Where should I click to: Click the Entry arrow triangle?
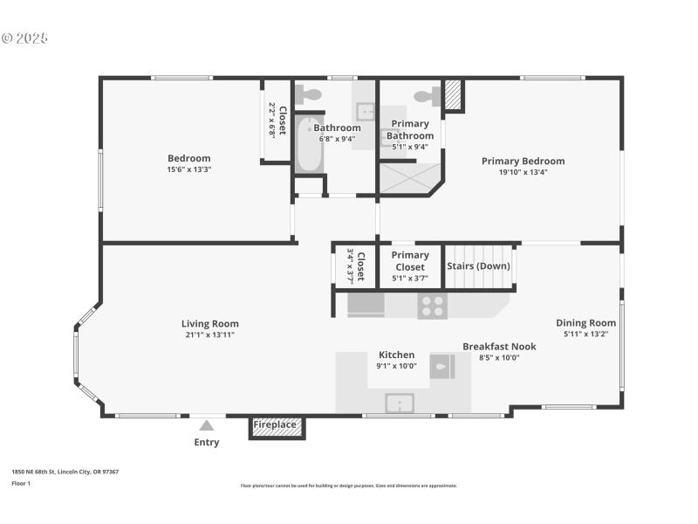pyautogui.click(x=206, y=425)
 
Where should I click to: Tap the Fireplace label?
pyautogui.click(x=275, y=425)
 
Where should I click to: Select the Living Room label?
pyautogui.click(x=209, y=323)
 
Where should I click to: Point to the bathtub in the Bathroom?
pyautogui.click(x=308, y=146)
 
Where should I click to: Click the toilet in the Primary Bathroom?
pyautogui.click(x=427, y=96)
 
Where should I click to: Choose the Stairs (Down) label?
pyautogui.click(x=478, y=265)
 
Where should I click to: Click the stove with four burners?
pyautogui.click(x=432, y=305)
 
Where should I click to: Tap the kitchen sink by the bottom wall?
pyautogui.click(x=400, y=403)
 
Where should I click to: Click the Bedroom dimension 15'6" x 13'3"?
pyautogui.click(x=189, y=169)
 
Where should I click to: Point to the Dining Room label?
pyautogui.click(x=585, y=322)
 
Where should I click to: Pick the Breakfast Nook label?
pyautogui.click(x=499, y=346)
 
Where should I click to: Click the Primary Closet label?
pyautogui.click(x=410, y=261)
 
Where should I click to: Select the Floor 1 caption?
pyautogui.click(x=20, y=483)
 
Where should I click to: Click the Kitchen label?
pyautogui.click(x=396, y=355)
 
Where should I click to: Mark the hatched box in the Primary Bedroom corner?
pyautogui.click(x=453, y=96)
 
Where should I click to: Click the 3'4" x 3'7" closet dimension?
pyautogui.click(x=351, y=265)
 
